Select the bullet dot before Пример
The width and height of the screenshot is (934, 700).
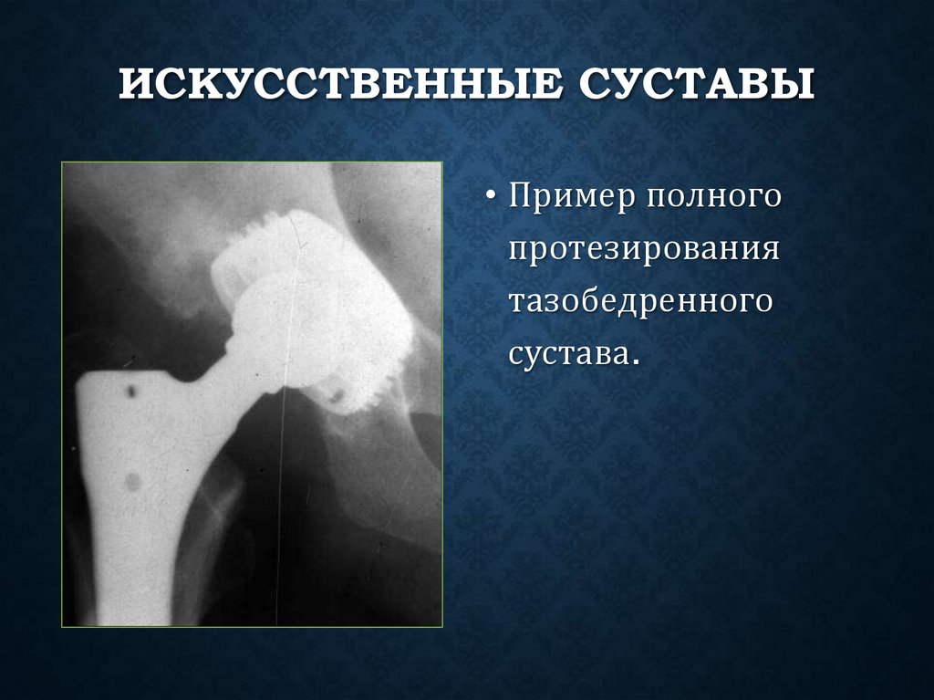tap(491, 199)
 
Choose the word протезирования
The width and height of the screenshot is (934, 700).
tap(644, 249)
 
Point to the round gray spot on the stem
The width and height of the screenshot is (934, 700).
tap(133, 481)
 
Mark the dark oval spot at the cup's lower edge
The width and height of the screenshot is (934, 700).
tap(335, 396)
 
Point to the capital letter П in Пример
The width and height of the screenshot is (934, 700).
tap(522, 197)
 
